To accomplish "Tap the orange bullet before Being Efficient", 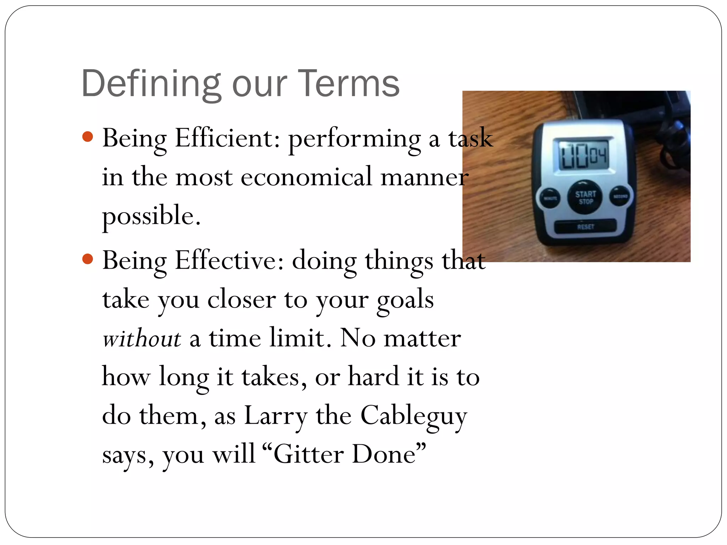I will click(x=87, y=137).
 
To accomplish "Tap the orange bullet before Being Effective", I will click(x=87, y=259).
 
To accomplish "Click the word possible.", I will click(x=151, y=216).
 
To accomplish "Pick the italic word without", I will click(x=142, y=338).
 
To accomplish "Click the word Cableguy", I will click(x=413, y=416).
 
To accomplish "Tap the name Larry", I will click(x=276, y=416).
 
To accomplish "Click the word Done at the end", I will click(x=384, y=455).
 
